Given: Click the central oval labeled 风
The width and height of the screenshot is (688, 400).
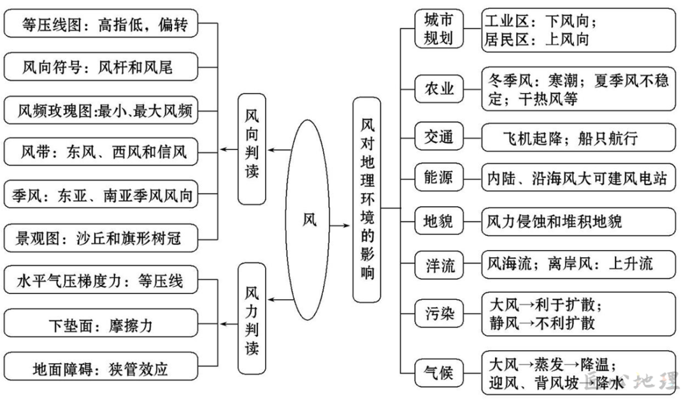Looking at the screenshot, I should point(310,219).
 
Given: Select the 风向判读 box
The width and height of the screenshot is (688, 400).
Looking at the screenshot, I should point(252,150).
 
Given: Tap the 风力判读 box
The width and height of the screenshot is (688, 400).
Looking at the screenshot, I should point(252,319).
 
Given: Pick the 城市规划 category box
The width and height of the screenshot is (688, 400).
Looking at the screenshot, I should point(439,29).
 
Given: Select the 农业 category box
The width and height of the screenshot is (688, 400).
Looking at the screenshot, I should point(439,89).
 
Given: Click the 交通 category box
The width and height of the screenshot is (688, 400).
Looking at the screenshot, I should point(439,136).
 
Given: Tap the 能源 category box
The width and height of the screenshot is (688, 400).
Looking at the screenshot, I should point(439,177).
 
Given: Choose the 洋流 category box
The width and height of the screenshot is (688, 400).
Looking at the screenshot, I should point(439,264).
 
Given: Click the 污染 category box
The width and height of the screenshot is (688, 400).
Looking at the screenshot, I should point(439,313).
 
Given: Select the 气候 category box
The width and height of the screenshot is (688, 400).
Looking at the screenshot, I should point(439,372).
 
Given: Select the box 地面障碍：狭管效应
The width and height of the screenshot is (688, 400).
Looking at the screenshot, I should point(102,368).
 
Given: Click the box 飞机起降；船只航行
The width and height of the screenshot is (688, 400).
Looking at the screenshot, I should point(578,137).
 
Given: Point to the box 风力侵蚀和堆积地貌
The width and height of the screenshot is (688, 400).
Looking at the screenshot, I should point(578,221).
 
